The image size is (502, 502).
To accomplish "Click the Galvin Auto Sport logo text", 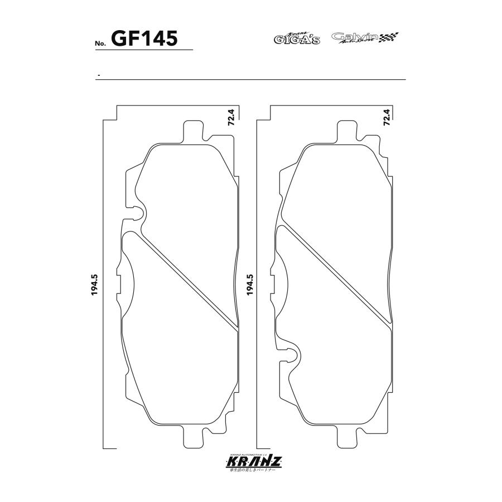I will click(x=355, y=37).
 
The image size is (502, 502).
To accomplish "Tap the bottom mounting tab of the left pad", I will click(x=193, y=438).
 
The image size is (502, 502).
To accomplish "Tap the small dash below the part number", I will click(x=98, y=75).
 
